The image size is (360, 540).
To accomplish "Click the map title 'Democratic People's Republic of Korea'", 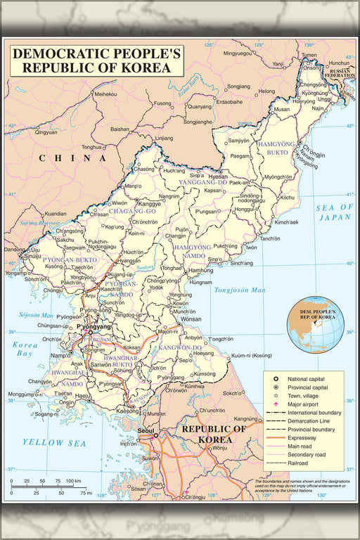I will click(x=96, y=60).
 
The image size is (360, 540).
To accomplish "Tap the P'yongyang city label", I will click(x=94, y=327).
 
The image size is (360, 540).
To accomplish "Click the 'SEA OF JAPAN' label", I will click(x=333, y=212).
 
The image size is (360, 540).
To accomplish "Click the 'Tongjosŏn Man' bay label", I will click(x=240, y=290).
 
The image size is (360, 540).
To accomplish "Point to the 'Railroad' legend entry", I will click(x=300, y=463).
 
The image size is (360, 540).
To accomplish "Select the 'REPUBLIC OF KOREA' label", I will click(x=214, y=434).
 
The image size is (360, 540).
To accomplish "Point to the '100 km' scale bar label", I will click(x=74, y=480).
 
